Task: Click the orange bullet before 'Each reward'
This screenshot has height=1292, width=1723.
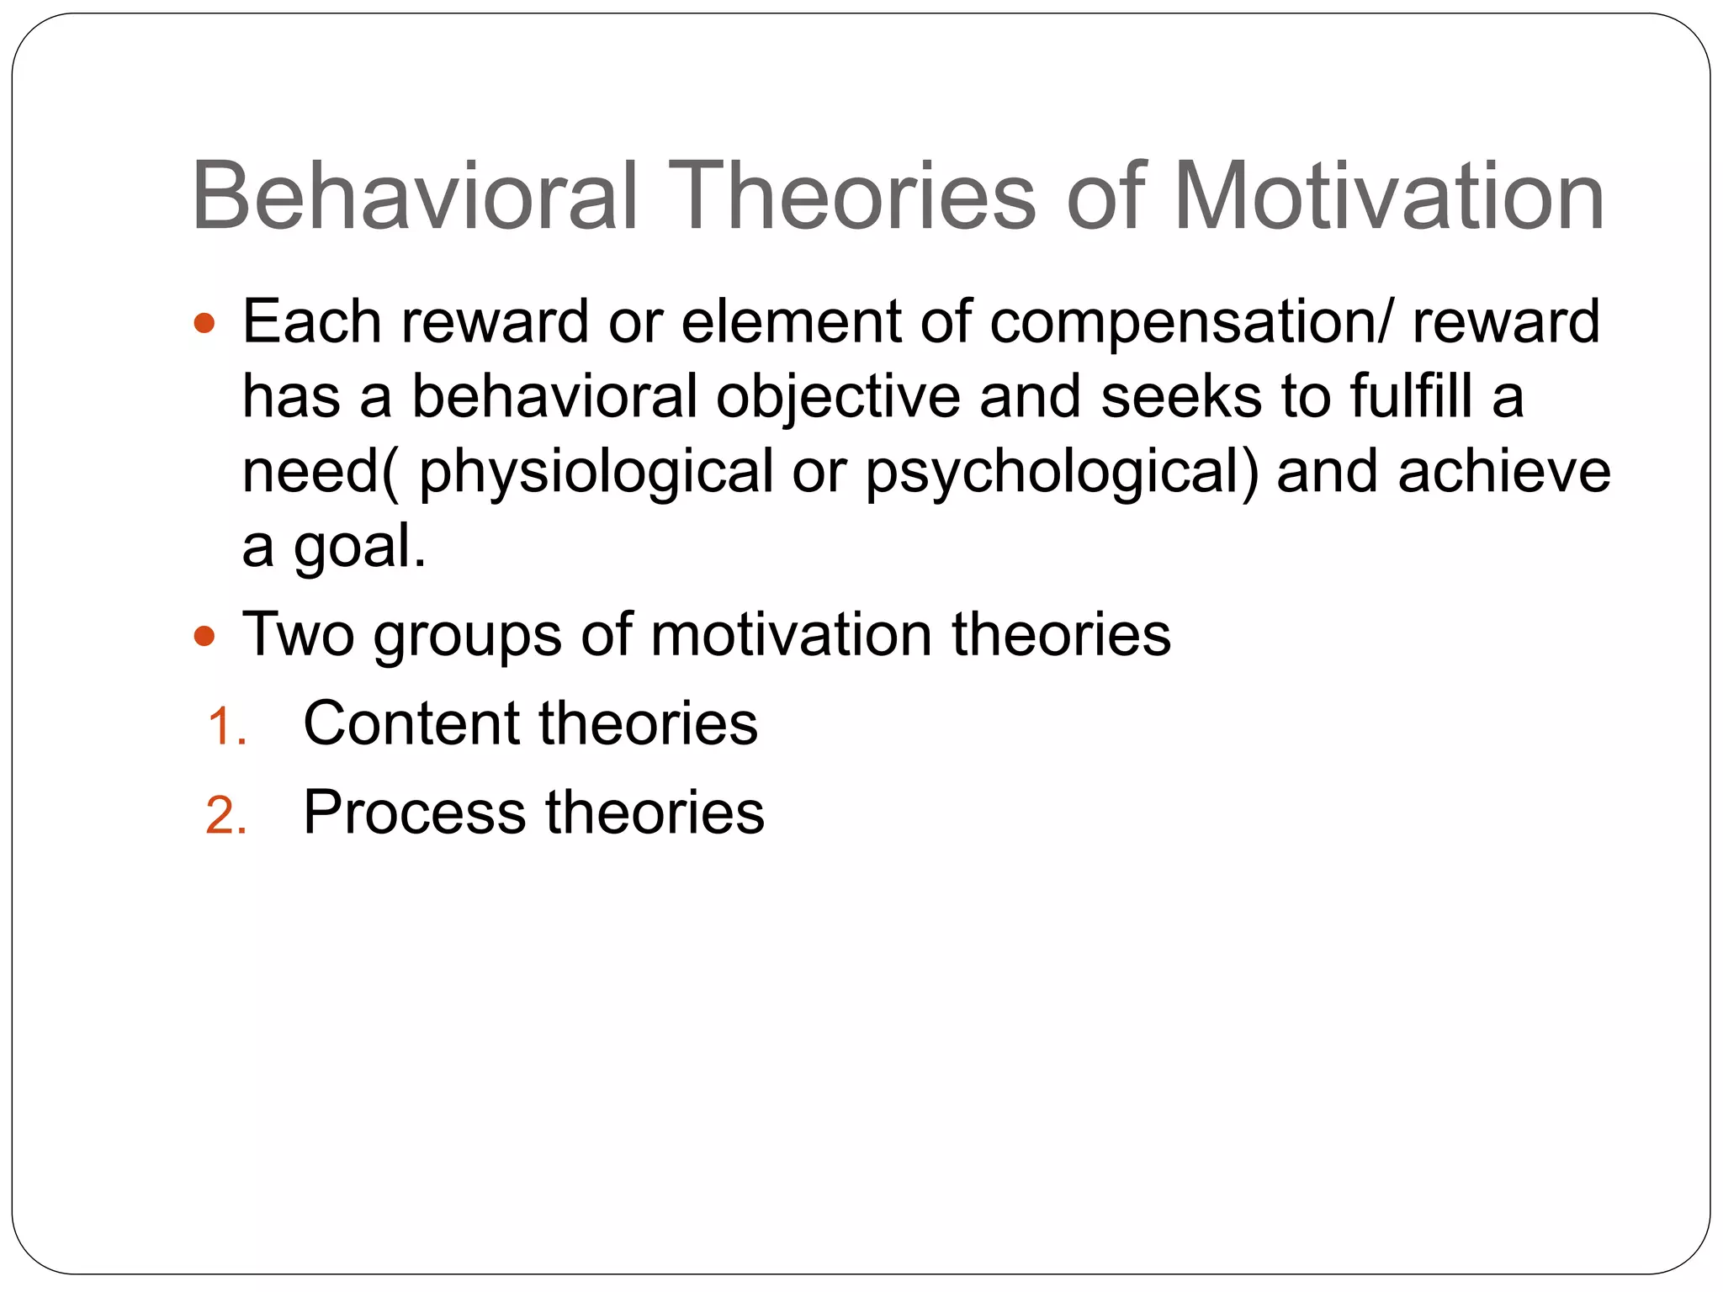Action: (204, 323)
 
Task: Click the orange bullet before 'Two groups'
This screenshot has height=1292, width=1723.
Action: (204, 635)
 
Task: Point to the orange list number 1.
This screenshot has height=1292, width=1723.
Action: (226, 727)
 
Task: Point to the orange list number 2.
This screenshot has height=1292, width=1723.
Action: (226, 816)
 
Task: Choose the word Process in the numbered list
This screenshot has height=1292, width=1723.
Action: (414, 813)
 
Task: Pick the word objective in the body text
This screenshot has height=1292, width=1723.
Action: (837, 397)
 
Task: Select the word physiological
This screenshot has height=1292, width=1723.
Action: (596, 473)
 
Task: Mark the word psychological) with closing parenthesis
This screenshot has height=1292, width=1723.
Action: (1062, 473)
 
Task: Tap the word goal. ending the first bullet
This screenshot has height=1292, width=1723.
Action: (359, 548)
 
